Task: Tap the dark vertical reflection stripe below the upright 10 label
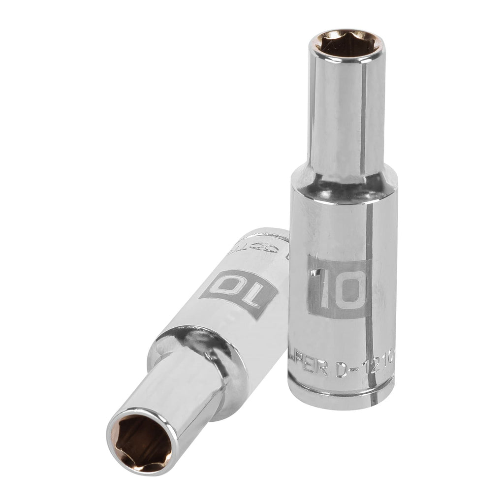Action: click(374, 354)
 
